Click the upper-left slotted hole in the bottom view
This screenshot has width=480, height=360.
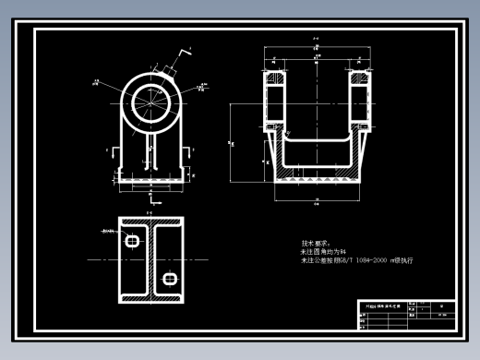(x=132, y=241)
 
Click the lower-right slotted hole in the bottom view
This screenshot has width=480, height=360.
(x=169, y=278)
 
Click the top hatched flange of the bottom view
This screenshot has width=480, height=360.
(x=150, y=222)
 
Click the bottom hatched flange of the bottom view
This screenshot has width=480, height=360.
(x=150, y=300)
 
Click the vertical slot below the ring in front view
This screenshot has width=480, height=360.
(x=150, y=148)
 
